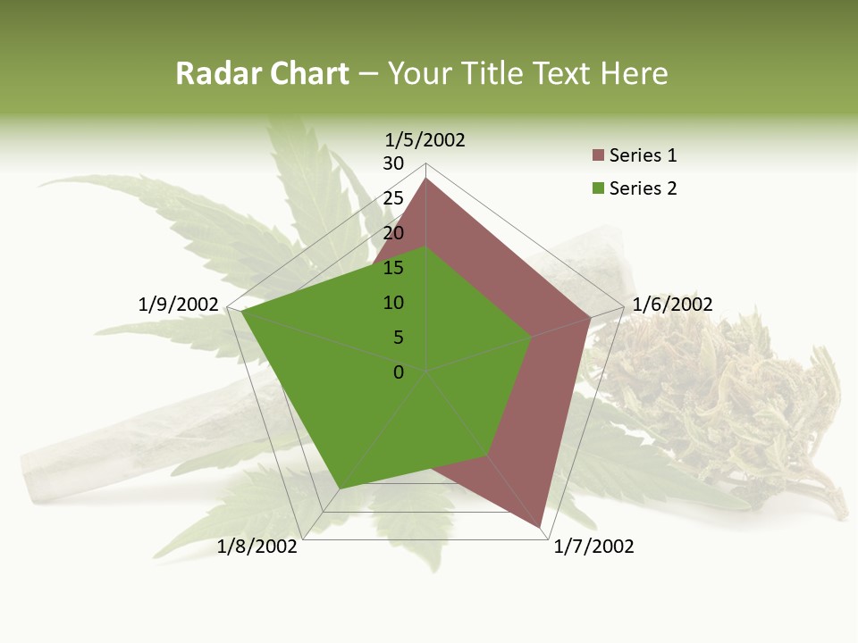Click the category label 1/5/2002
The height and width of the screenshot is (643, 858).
425,140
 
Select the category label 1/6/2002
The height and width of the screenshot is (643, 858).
672,305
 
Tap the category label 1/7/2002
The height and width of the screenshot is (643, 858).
593,547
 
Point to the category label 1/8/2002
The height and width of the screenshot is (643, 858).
257,547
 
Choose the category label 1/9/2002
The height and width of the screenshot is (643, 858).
179,305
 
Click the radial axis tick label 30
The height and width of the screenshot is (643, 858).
393,163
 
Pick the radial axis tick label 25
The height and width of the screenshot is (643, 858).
393,198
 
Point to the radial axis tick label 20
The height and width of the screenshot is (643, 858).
393,233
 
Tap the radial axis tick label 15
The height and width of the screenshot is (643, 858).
393,268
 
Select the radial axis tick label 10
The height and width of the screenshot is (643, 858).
393,303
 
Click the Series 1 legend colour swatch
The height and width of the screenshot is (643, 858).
599,156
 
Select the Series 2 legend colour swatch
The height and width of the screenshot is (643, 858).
599,188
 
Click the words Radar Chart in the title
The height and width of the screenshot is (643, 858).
262,74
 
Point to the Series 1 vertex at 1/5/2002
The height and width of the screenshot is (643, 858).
426,179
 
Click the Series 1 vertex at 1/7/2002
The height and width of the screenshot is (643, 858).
540,527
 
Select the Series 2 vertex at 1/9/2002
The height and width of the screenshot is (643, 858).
241,312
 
